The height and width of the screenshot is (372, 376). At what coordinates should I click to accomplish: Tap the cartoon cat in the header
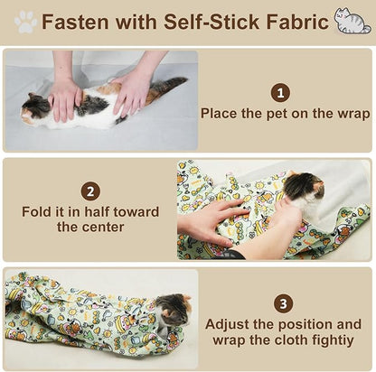(x=352, y=21)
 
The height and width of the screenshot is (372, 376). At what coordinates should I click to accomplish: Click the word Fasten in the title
(x=79, y=22)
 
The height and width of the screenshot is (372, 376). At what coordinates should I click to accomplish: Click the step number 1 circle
(x=280, y=92)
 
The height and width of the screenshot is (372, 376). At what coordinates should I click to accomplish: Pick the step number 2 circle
(x=90, y=191)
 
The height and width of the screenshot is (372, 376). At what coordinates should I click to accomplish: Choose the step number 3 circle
(x=283, y=303)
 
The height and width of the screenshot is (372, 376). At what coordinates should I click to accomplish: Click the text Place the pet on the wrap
(x=285, y=114)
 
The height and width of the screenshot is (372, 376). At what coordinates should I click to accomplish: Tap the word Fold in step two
(x=37, y=212)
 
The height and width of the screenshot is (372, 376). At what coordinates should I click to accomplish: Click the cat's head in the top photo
(x=36, y=108)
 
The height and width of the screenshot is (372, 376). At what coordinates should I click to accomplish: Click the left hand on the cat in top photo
(x=66, y=98)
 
